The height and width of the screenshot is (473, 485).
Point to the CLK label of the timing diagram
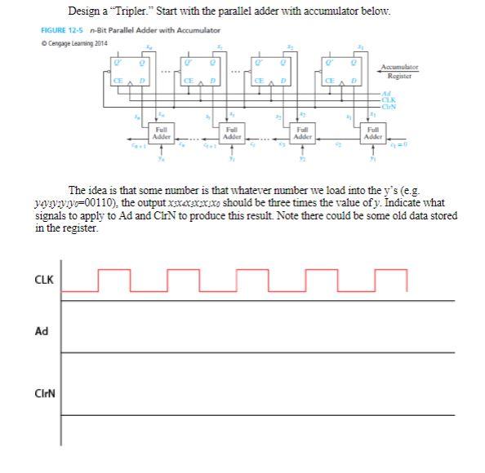pyautogui.click(x=43, y=281)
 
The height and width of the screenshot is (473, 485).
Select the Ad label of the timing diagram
pyautogui.click(x=41, y=331)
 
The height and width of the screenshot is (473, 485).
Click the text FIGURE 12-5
pyautogui.click(x=59, y=30)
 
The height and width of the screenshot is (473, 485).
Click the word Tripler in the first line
pyautogui.click(x=133, y=11)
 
